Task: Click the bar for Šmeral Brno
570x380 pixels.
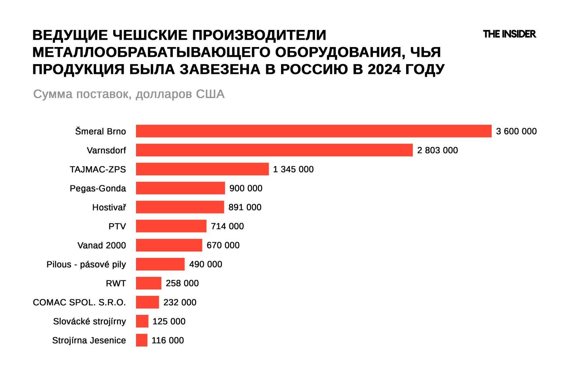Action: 313,131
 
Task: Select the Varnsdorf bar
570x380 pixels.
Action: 274,150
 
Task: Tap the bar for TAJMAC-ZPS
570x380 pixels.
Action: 202,169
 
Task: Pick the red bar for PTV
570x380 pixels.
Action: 171,226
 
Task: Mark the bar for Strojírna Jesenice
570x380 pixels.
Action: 142,340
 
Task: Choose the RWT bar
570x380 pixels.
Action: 148,283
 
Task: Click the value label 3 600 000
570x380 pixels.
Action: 516,131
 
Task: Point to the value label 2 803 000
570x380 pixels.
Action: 437,150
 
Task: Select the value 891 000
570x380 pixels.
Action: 245,207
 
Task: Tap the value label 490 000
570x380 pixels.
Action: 206,264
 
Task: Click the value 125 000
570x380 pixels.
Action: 169,321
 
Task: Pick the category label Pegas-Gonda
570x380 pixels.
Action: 98,189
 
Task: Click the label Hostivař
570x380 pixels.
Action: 109,207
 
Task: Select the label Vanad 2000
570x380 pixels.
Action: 102,245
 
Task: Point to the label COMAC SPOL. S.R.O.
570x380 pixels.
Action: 79,302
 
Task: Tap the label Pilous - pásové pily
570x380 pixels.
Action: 86,265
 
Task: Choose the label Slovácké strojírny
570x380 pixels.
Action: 90,321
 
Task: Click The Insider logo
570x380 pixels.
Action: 509,34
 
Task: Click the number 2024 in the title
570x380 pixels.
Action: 384,69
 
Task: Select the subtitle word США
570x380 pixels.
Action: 210,94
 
